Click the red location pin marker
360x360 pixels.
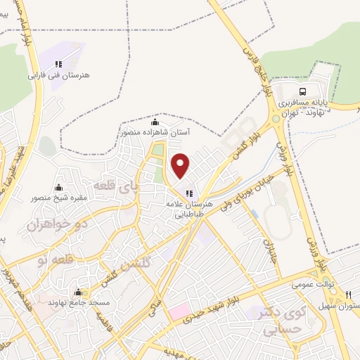tap(181, 166)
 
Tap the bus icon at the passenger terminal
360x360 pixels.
tap(303, 91)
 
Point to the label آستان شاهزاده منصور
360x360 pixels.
tap(155, 131)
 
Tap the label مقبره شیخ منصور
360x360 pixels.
tap(58, 198)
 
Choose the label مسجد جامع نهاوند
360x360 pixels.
tap(78, 302)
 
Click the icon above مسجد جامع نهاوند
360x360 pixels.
tap(78, 292)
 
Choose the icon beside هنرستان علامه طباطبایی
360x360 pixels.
tap(188, 194)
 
